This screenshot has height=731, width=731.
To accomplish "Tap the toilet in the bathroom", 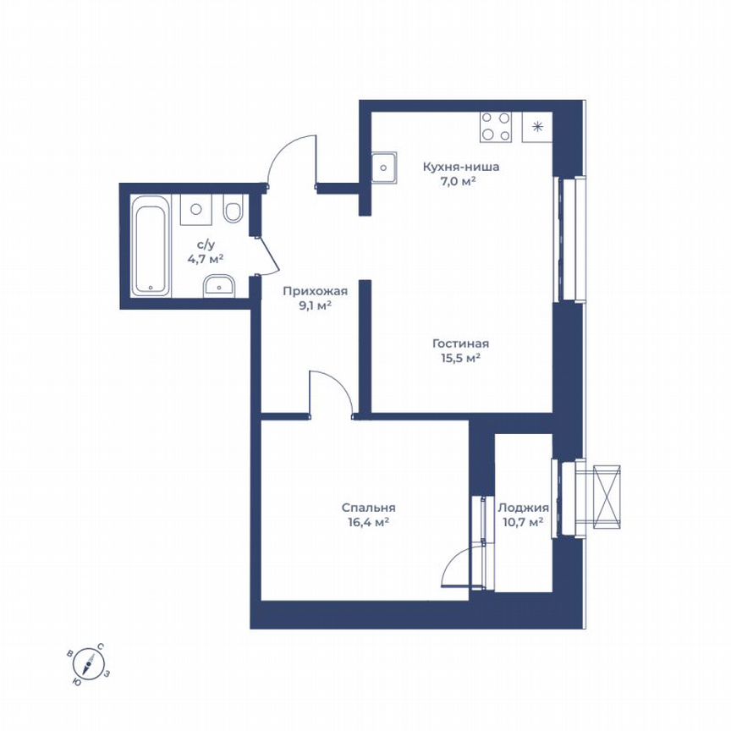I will click(x=233, y=208).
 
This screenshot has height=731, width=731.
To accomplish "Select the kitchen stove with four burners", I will click(x=496, y=126).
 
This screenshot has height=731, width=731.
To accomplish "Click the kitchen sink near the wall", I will click(x=384, y=168).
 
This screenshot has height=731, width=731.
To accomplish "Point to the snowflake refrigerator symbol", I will click(x=537, y=126).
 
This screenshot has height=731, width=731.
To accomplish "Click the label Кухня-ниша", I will click(x=461, y=167).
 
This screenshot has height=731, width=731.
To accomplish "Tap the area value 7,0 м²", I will click(x=461, y=181).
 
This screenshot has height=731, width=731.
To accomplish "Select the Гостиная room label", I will click(x=460, y=344).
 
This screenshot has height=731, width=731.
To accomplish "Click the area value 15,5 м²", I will click(x=460, y=358).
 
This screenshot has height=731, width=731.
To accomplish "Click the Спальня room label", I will click(x=369, y=508).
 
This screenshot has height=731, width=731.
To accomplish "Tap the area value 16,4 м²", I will click(x=369, y=523).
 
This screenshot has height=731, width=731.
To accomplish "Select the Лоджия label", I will click(x=523, y=508).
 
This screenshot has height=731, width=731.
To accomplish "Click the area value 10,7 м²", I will click(x=523, y=523).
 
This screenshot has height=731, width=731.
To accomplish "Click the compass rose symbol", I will click(x=88, y=664).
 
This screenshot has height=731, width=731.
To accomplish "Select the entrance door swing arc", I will click(x=288, y=157).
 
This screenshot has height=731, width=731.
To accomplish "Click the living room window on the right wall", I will click(x=569, y=239).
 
